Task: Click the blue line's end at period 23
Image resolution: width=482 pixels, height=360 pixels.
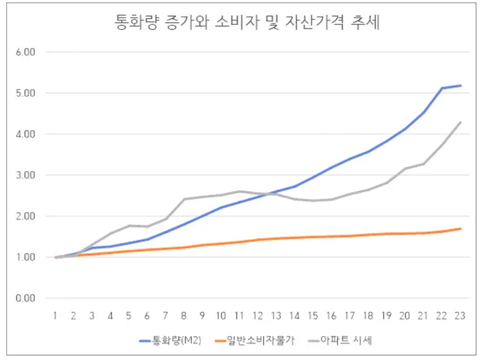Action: point(460,85)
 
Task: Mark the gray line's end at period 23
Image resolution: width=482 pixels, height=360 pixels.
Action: point(460,123)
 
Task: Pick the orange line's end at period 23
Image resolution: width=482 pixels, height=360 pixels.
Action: point(460,229)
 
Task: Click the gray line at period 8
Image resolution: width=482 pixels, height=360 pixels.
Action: point(185,200)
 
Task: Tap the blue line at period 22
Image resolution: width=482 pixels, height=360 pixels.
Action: point(442,88)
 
